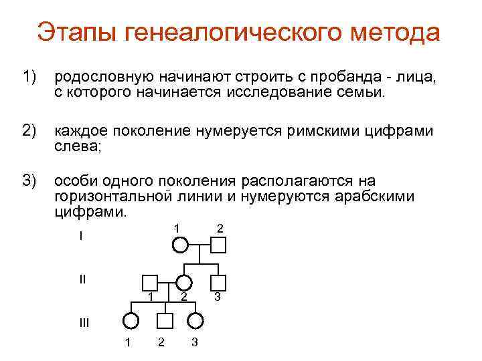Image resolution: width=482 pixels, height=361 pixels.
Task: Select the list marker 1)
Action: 29,79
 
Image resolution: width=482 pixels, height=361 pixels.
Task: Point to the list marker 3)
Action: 29,181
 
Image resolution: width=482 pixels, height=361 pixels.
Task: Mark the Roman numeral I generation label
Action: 80,237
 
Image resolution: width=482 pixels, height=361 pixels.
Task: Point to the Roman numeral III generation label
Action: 84,323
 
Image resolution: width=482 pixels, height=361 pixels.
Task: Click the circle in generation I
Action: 180,245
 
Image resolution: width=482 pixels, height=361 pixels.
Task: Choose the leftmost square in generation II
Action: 150,282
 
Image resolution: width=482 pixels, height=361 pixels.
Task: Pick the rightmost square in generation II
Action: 218,282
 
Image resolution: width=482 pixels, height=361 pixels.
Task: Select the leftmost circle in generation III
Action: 131,321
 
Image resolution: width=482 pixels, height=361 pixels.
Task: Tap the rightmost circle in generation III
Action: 195,321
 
